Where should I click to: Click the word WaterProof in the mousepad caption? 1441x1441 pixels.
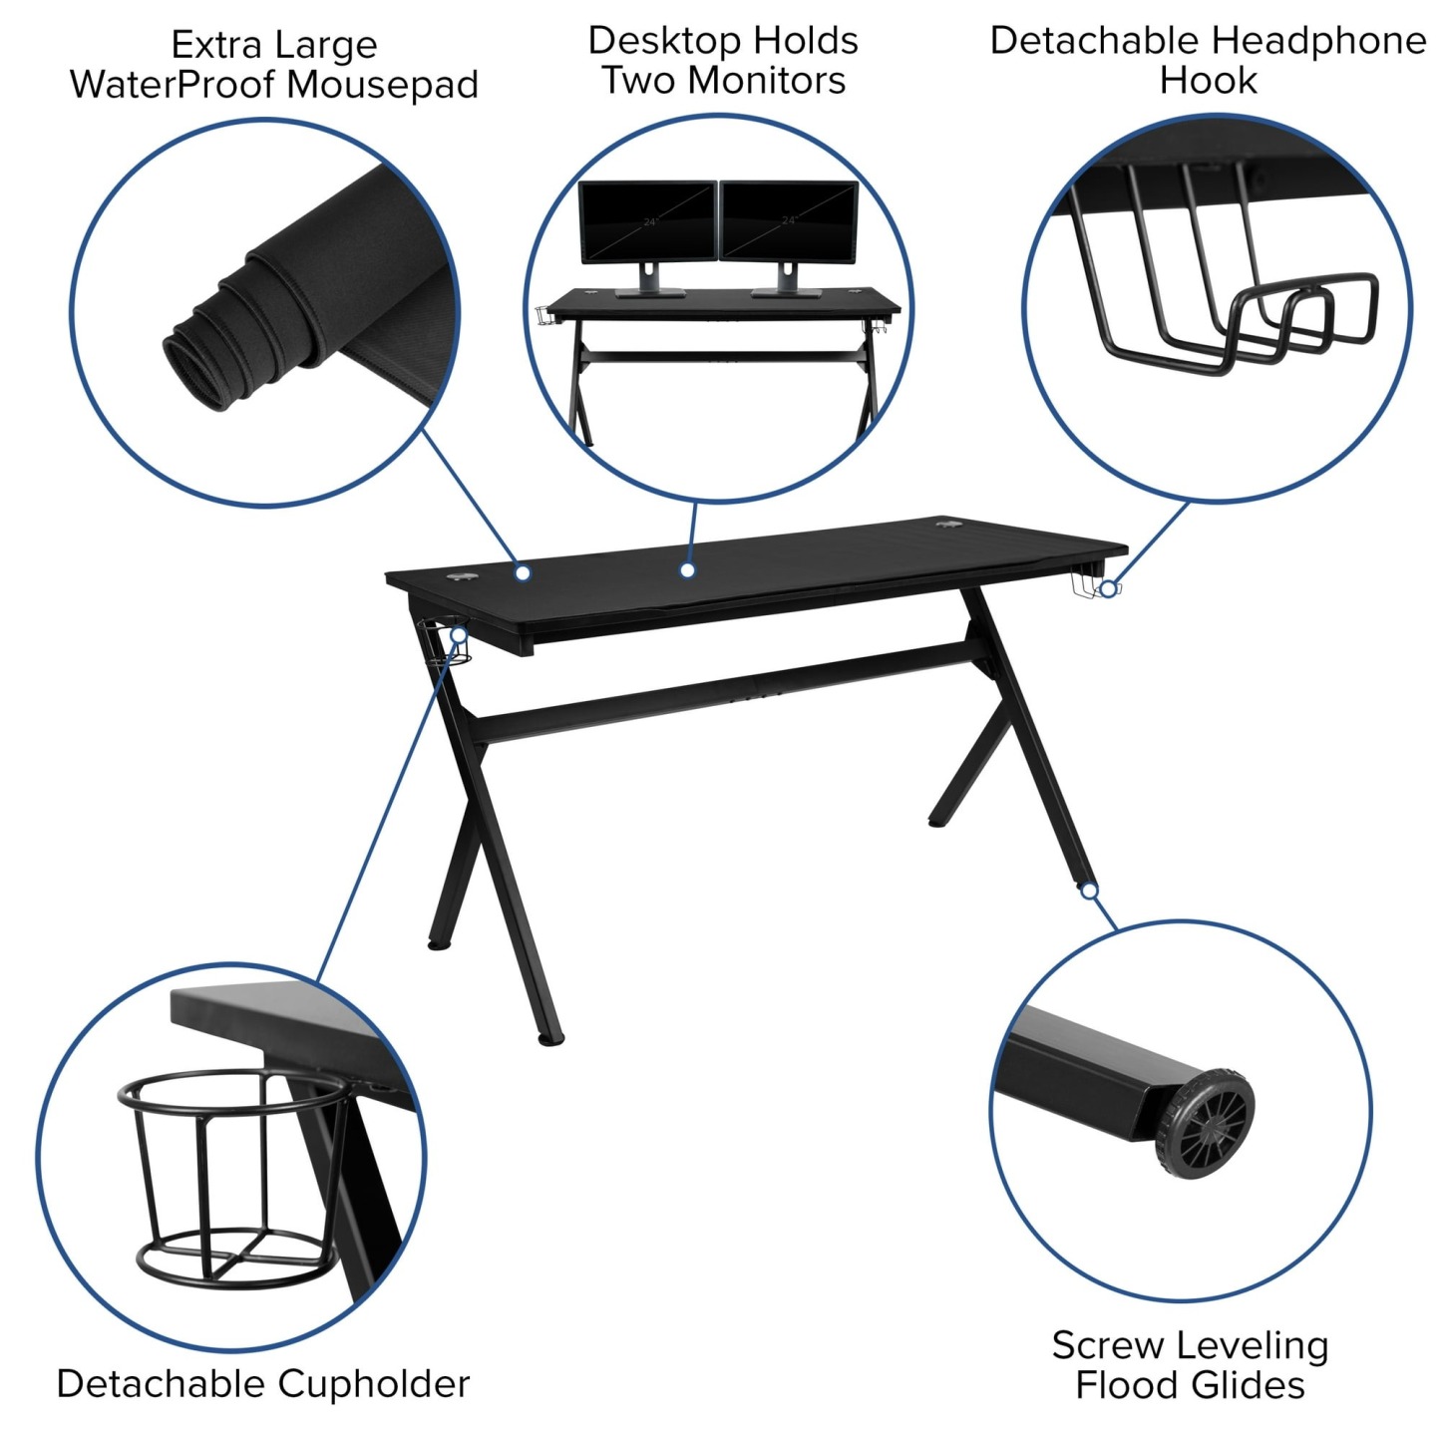click(x=172, y=85)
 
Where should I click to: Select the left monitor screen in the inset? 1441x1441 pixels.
click(x=647, y=221)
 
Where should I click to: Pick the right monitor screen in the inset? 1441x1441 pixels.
click(x=788, y=221)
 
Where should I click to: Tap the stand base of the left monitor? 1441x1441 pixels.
click(x=649, y=293)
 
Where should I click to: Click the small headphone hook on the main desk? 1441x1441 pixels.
click(x=1089, y=586)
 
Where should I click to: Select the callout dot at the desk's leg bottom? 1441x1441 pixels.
click(x=1090, y=891)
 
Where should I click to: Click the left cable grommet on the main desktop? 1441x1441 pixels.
click(x=461, y=576)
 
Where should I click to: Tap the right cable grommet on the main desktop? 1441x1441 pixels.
click(x=946, y=524)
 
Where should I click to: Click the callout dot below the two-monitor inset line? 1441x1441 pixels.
click(x=687, y=570)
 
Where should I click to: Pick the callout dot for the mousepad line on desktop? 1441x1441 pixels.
click(x=522, y=572)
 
